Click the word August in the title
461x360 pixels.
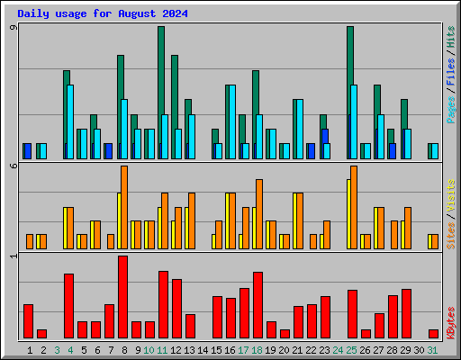click(x=137, y=13)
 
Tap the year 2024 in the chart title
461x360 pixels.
click(x=175, y=13)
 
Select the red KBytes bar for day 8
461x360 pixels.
click(x=122, y=297)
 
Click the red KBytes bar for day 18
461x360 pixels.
click(x=258, y=305)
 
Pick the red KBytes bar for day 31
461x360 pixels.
click(x=433, y=334)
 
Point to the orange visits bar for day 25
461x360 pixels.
click(x=354, y=207)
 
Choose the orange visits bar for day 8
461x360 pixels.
click(x=124, y=207)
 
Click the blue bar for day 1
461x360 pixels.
click(x=28, y=151)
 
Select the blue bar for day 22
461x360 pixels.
click(x=312, y=151)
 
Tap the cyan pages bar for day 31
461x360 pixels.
click(x=435, y=151)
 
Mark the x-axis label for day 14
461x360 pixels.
click(x=203, y=350)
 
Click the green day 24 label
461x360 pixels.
click(x=338, y=350)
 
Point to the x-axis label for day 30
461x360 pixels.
click(x=419, y=350)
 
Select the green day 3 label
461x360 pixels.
click(x=57, y=350)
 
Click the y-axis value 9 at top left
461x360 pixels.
click(x=14, y=28)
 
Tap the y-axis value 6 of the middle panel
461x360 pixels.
click(x=14, y=166)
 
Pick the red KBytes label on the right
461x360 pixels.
click(x=450, y=323)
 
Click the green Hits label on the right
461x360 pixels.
click(x=450, y=37)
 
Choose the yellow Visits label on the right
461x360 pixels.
click(x=450, y=195)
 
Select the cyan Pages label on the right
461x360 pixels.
click(x=450, y=110)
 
